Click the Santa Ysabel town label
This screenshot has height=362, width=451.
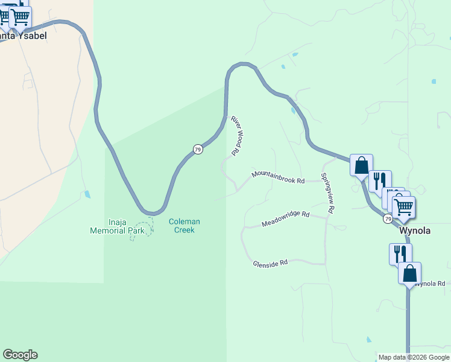23,35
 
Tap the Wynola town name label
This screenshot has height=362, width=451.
415,230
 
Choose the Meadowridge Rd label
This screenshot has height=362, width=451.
285,218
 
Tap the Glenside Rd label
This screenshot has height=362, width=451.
270,263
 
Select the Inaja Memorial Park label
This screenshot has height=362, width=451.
117,226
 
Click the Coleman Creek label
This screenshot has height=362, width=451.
184,226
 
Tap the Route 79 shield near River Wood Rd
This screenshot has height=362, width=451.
198,149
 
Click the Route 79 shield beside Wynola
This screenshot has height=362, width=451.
388,218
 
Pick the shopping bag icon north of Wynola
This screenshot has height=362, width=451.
361,164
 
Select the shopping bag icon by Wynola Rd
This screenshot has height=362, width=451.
409,273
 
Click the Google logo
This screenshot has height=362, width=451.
20,355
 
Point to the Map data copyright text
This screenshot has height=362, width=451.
414,357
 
